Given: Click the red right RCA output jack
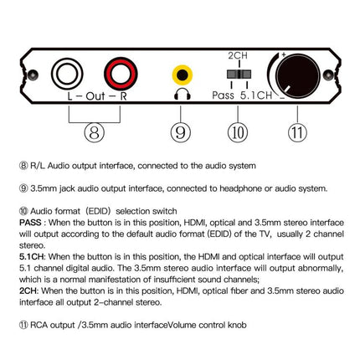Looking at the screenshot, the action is pyautogui.click(x=121, y=74).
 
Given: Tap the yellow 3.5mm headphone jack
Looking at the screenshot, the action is pyautogui.click(x=183, y=75).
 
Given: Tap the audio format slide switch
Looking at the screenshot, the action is pyautogui.click(x=239, y=75).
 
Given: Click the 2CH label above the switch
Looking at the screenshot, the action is pyautogui.click(x=238, y=55).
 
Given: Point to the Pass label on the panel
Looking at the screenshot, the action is pyautogui.click(x=223, y=95).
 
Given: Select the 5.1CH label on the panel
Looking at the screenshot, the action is pyautogui.click(x=256, y=95).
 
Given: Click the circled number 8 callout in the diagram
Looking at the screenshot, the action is pyautogui.click(x=95, y=132).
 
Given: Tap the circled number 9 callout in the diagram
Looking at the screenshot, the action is pyautogui.click(x=181, y=132).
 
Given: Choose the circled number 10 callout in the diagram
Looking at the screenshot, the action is pyautogui.click(x=238, y=132).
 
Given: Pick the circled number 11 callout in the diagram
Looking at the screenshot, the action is pyautogui.click(x=297, y=132).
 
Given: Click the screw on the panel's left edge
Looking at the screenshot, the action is pyautogui.click(x=33, y=75).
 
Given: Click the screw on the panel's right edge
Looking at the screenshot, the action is pyautogui.click(x=328, y=75).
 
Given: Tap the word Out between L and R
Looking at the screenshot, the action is pyautogui.click(x=95, y=96).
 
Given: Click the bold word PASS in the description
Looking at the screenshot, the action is pyautogui.click(x=30, y=223).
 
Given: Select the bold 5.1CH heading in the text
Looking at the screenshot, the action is pyautogui.click(x=30, y=257).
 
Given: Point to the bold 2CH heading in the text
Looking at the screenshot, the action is pyautogui.click(x=28, y=291).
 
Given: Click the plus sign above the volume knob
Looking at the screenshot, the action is pyautogui.click(x=284, y=54).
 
